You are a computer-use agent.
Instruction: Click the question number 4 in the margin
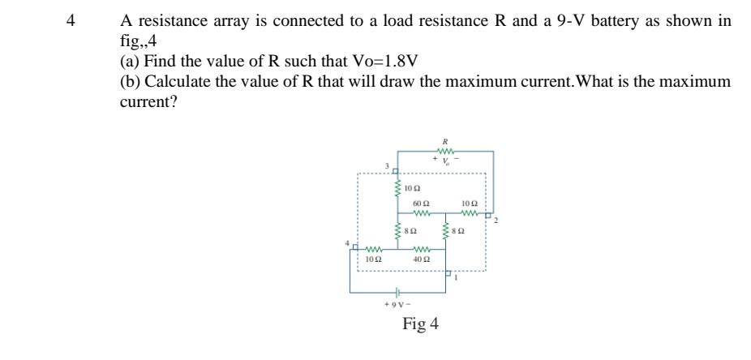point(71,22)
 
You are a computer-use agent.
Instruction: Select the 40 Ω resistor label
point(421,259)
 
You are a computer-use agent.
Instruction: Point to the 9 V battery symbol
point(397,292)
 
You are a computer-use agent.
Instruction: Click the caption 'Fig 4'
point(420,324)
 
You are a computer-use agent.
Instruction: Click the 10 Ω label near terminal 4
point(373,259)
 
